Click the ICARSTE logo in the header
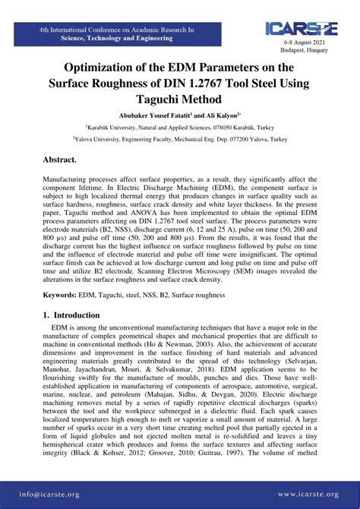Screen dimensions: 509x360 pyautogui.click(x=301, y=28)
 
